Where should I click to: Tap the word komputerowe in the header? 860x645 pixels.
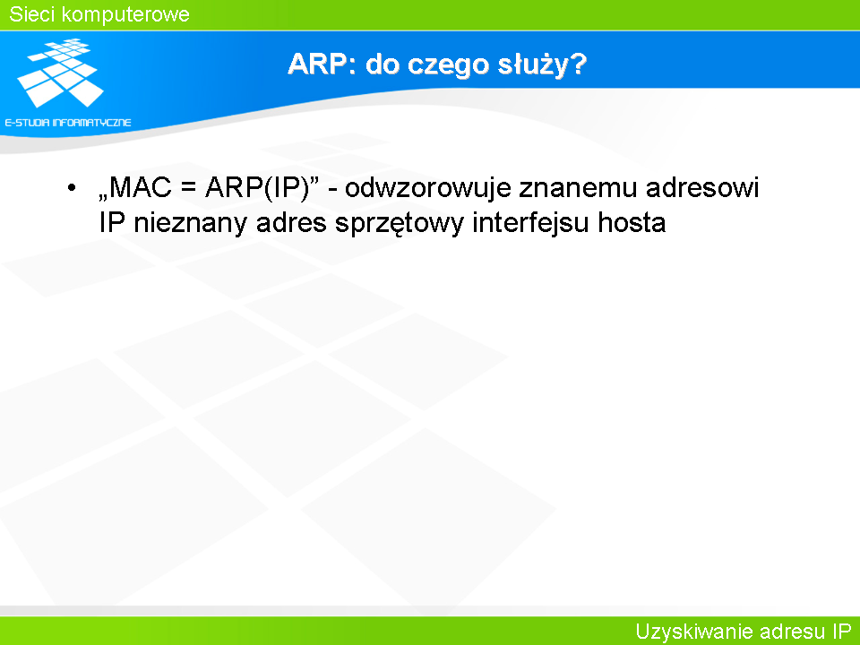(125, 15)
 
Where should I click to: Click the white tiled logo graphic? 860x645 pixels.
(60, 73)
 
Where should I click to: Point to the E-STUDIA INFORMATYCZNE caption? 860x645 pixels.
(68, 123)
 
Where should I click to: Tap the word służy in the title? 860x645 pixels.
(532, 64)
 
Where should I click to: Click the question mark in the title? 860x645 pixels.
(577, 64)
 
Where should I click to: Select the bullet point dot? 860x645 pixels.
(72, 188)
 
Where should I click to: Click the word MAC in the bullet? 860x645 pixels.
(141, 187)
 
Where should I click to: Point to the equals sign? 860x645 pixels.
(188, 189)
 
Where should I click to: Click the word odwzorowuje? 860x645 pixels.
(428, 189)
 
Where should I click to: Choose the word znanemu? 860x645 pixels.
(578, 188)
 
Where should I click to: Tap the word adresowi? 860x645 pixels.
(702, 187)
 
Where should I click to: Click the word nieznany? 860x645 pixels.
(190, 224)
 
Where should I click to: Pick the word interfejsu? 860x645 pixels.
(531, 224)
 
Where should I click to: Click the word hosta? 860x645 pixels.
(632, 223)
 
